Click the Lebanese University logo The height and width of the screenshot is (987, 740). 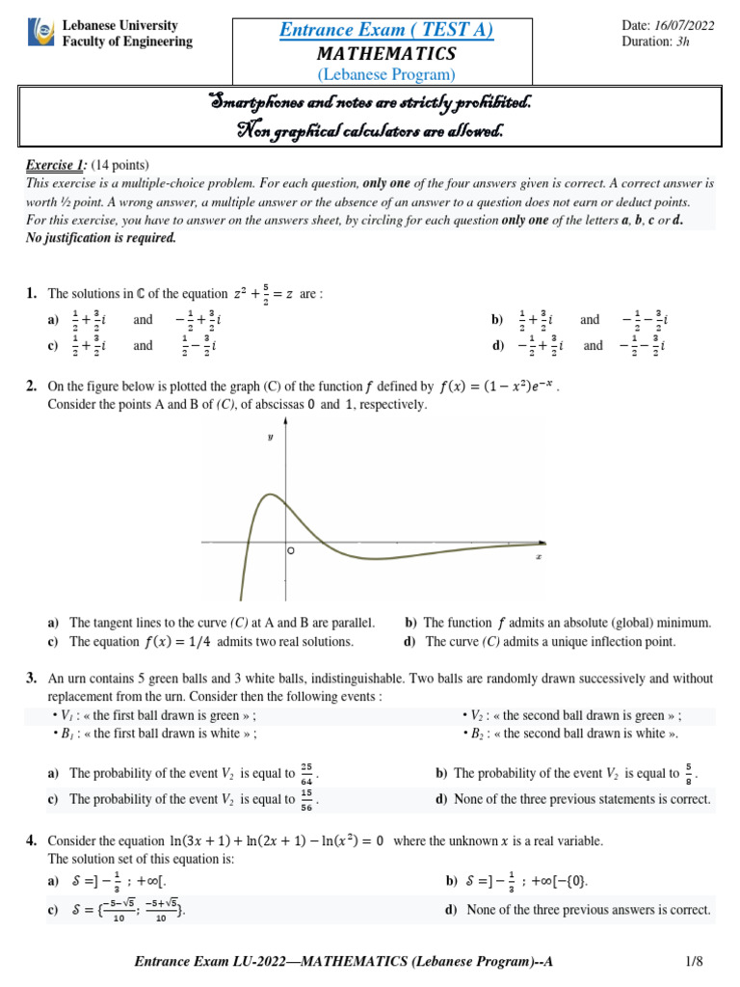[41, 34]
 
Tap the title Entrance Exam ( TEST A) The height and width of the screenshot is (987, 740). [385, 30]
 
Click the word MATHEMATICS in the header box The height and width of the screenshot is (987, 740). [385, 53]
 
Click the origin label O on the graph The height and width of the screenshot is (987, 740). [289, 551]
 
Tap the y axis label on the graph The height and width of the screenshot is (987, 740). [271, 438]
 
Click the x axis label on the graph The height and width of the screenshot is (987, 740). [538, 557]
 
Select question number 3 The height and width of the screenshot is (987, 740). [32, 680]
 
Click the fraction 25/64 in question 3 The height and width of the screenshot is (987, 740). [306, 773]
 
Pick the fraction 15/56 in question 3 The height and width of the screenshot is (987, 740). [306, 799]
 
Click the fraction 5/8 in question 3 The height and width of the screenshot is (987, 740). [687, 773]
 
